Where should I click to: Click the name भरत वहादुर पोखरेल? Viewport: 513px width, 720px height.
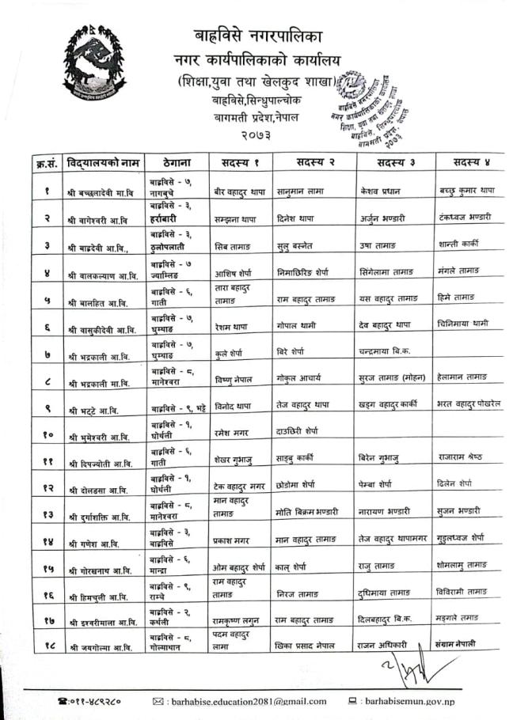click(469, 404)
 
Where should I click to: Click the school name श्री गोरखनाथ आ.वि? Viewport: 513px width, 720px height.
click(101, 570)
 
